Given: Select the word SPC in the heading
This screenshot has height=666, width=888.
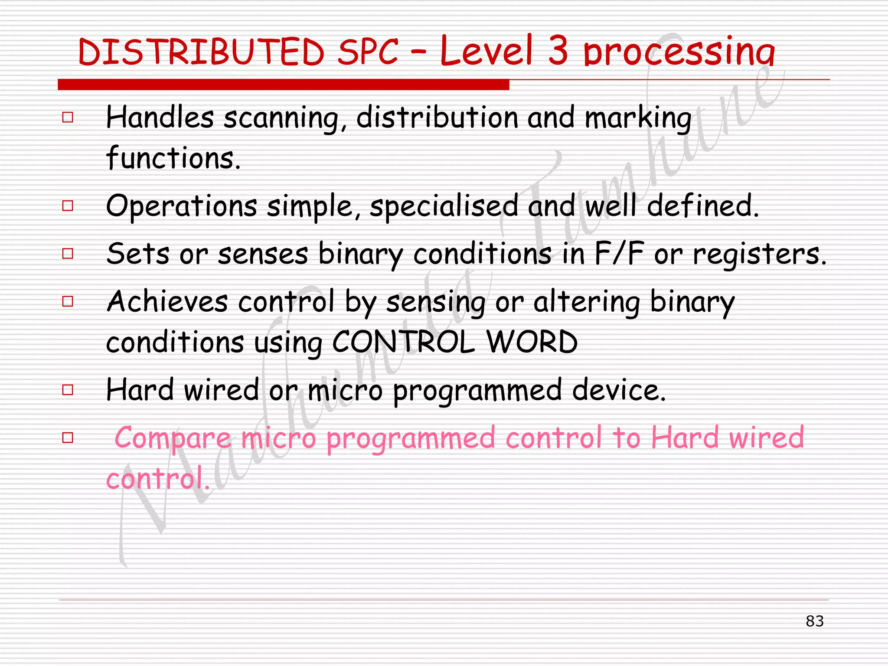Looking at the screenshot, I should [368, 52].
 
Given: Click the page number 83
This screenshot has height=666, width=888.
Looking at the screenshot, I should [814, 621].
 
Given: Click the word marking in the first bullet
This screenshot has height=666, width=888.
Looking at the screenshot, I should [638, 119].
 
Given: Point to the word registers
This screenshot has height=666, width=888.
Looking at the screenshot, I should [759, 255].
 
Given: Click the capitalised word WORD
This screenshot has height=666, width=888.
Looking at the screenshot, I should [532, 342].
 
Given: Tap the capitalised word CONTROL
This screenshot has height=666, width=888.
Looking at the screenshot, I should [404, 342].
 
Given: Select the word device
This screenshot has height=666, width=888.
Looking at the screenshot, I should [619, 390].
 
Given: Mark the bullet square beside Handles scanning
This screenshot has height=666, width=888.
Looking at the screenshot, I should [68, 117].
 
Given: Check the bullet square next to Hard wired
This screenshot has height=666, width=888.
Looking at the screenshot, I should [68, 389].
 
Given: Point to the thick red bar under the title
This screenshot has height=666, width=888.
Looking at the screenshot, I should [284, 85].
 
